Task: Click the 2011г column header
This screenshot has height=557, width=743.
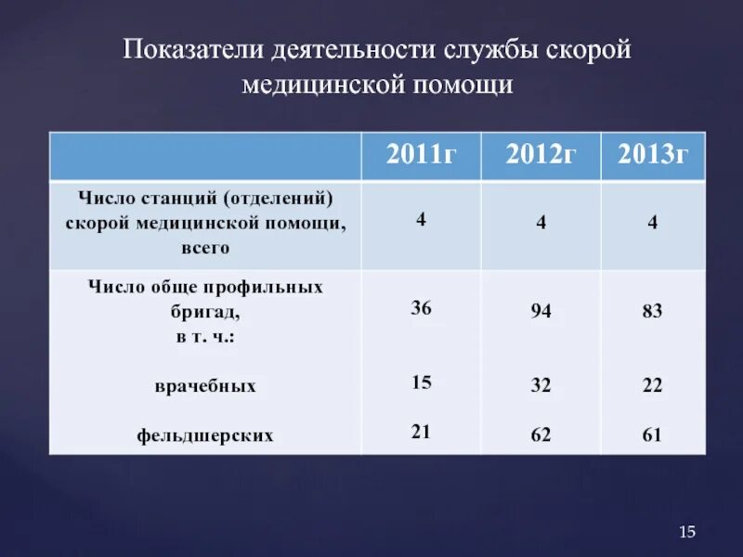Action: tap(421, 154)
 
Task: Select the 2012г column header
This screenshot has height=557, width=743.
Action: tap(541, 154)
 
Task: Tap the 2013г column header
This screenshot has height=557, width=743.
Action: tap(652, 154)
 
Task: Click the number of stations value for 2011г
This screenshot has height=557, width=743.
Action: tap(421, 220)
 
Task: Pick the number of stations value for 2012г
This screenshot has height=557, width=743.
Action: tap(541, 224)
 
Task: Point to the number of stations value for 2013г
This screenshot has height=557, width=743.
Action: tap(652, 224)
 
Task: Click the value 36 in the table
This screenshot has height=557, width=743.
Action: tap(421, 307)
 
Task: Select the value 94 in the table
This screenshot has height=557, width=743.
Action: tap(541, 312)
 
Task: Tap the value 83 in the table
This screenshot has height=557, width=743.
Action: tap(652, 312)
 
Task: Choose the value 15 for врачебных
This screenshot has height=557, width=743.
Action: tap(421, 382)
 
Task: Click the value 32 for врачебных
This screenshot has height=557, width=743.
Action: tap(541, 386)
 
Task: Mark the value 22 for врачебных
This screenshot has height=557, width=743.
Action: tap(652, 386)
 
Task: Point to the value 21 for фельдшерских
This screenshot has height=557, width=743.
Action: tap(421, 430)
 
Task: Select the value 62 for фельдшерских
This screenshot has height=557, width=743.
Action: tap(541, 434)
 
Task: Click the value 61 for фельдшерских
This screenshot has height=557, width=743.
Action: tap(652, 434)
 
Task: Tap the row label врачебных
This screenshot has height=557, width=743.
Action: tap(205, 385)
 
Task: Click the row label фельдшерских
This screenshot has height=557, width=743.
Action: tap(205, 434)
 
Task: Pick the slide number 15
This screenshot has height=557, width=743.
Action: tap(687, 532)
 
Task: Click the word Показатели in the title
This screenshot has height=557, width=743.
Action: tap(192, 50)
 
